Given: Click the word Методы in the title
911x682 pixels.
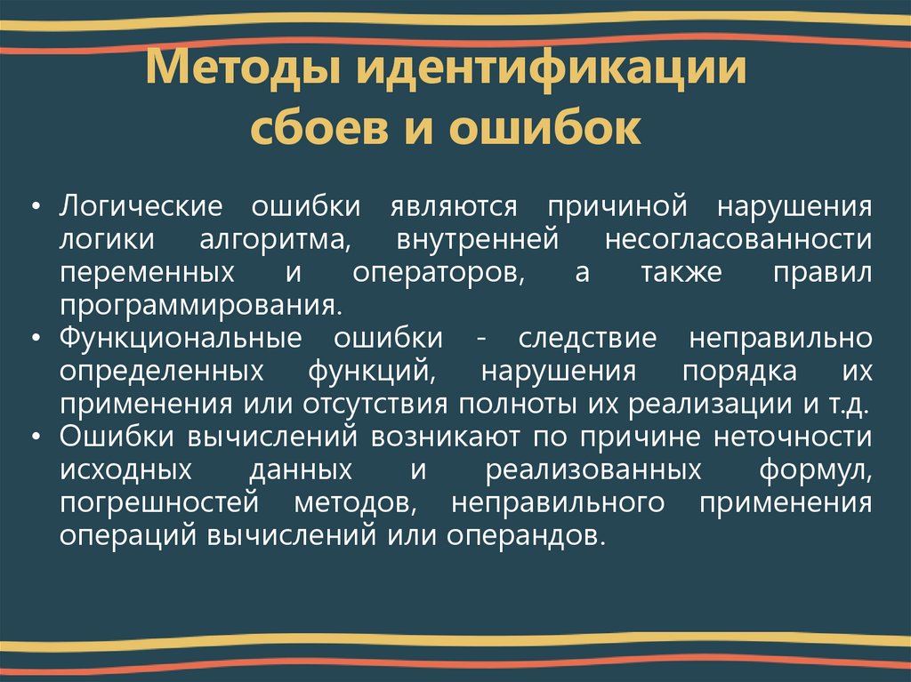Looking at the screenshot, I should pyautogui.click(x=237, y=69).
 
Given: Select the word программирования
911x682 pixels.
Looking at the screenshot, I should pyautogui.click(x=200, y=305).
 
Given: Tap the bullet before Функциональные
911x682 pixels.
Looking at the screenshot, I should pyautogui.click(x=36, y=340).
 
